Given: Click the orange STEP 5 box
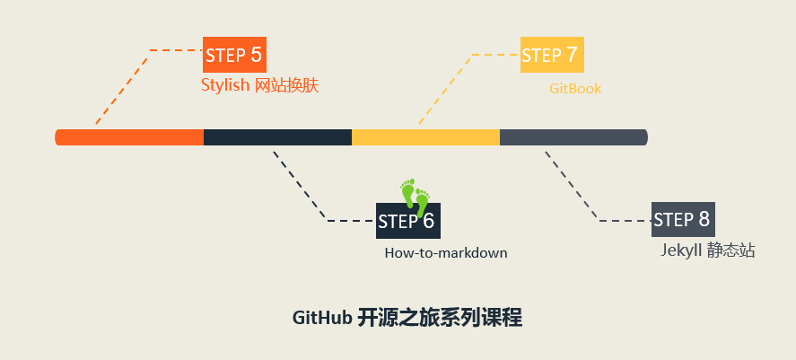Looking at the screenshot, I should click(234, 55).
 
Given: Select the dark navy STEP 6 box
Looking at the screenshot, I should click(407, 221).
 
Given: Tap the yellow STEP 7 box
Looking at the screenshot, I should click(552, 55).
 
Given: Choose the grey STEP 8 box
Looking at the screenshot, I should click(683, 219).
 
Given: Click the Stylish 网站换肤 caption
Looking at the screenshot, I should click(260, 86).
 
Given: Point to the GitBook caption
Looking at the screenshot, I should click(575, 89).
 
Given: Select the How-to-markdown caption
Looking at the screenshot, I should click(446, 253).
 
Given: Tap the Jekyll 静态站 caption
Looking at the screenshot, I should click(708, 251).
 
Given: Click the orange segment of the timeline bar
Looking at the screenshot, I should click(130, 137).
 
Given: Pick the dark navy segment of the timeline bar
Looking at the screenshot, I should click(277, 137).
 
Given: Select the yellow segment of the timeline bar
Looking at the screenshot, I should click(425, 137).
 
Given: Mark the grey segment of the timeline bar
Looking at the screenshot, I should click(573, 137).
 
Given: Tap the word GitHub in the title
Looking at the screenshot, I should click(321, 319).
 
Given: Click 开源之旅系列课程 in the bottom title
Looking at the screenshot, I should click(440, 319).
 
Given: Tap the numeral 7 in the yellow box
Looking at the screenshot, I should click(571, 55).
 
